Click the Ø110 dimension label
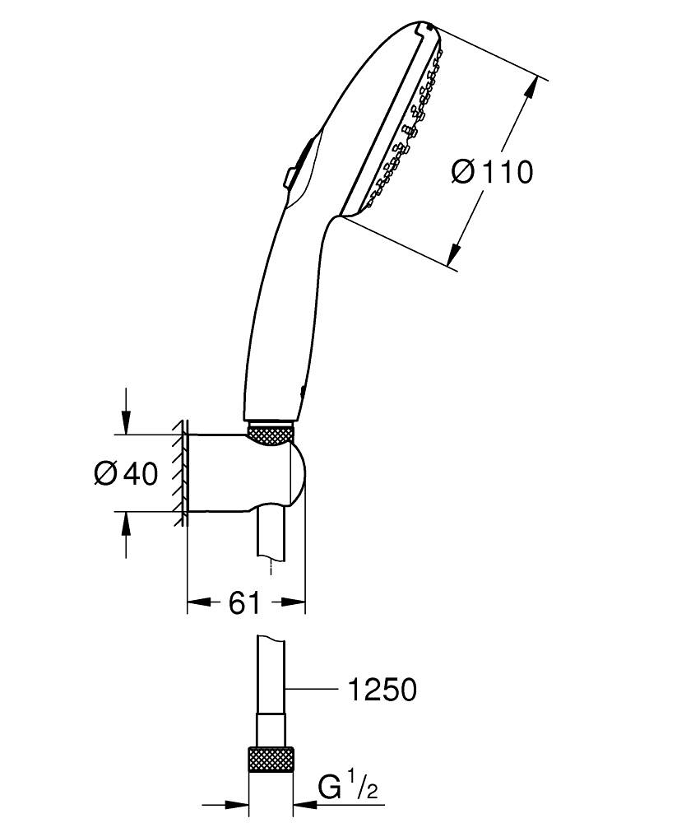493,172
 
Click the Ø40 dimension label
125,474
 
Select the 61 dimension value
244,602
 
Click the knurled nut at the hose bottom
271,761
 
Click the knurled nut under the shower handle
271,435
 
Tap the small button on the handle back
290,177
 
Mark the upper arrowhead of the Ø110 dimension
540,85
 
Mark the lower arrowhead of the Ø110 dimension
455,257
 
